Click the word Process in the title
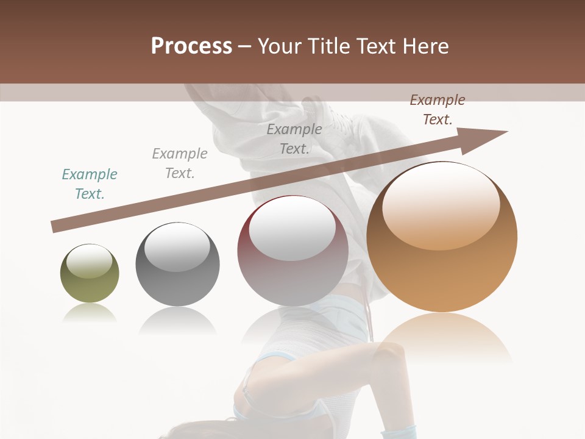[x=191, y=46]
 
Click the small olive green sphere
[x=90, y=274]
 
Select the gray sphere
[x=177, y=264]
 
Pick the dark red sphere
[x=292, y=251]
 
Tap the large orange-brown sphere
[x=442, y=237]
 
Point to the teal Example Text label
[x=90, y=184]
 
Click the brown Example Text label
[x=437, y=110]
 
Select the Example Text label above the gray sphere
[x=180, y=163]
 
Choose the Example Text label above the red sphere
[x=294, y=138]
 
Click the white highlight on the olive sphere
[x=90, y=261]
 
